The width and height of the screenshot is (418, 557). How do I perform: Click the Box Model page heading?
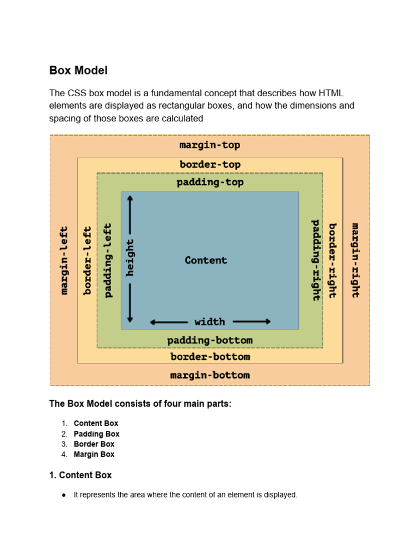click(x=78, y=70)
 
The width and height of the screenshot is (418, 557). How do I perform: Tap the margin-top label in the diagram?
click(x=210, y=145)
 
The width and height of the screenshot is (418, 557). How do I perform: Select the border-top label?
click(x=210, y=164)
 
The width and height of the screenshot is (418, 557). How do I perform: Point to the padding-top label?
click(x=210, y=182)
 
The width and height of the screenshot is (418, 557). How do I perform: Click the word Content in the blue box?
click(x=206, y=260)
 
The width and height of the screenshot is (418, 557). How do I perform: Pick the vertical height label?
click(x=130, y=258)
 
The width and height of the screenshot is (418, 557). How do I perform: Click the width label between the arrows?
click(x=210, y=321)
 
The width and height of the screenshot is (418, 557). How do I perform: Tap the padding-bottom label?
click(x=210, y=341)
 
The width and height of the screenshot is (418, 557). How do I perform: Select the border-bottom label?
click(x=210, y=357)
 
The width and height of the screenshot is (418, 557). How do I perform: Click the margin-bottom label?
click(x=210, y=375)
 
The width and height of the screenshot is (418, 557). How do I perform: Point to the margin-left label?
click(x=64, y=260)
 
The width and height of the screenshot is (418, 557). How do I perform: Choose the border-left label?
click(x=87, y=260)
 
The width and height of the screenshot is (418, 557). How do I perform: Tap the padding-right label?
click(x=316, y=260)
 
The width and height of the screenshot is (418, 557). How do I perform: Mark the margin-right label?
click(x=355, y=260)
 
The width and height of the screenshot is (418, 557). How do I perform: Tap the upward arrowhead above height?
click(x=130, y=200)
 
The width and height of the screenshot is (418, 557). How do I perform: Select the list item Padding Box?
click(x=96, y=434)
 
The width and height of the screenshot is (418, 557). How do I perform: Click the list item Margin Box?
click(x=94, y=454)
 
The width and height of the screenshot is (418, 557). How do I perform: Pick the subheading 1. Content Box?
click(x=80, y=475)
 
